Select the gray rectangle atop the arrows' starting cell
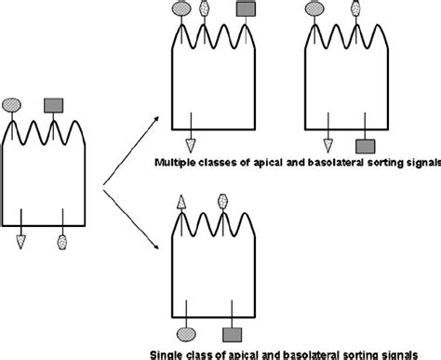click(x=53, y=105)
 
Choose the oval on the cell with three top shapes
click(x=182, y=10)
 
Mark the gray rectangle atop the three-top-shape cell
click(x=246, y=9)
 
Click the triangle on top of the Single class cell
click(x=182, y=201)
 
